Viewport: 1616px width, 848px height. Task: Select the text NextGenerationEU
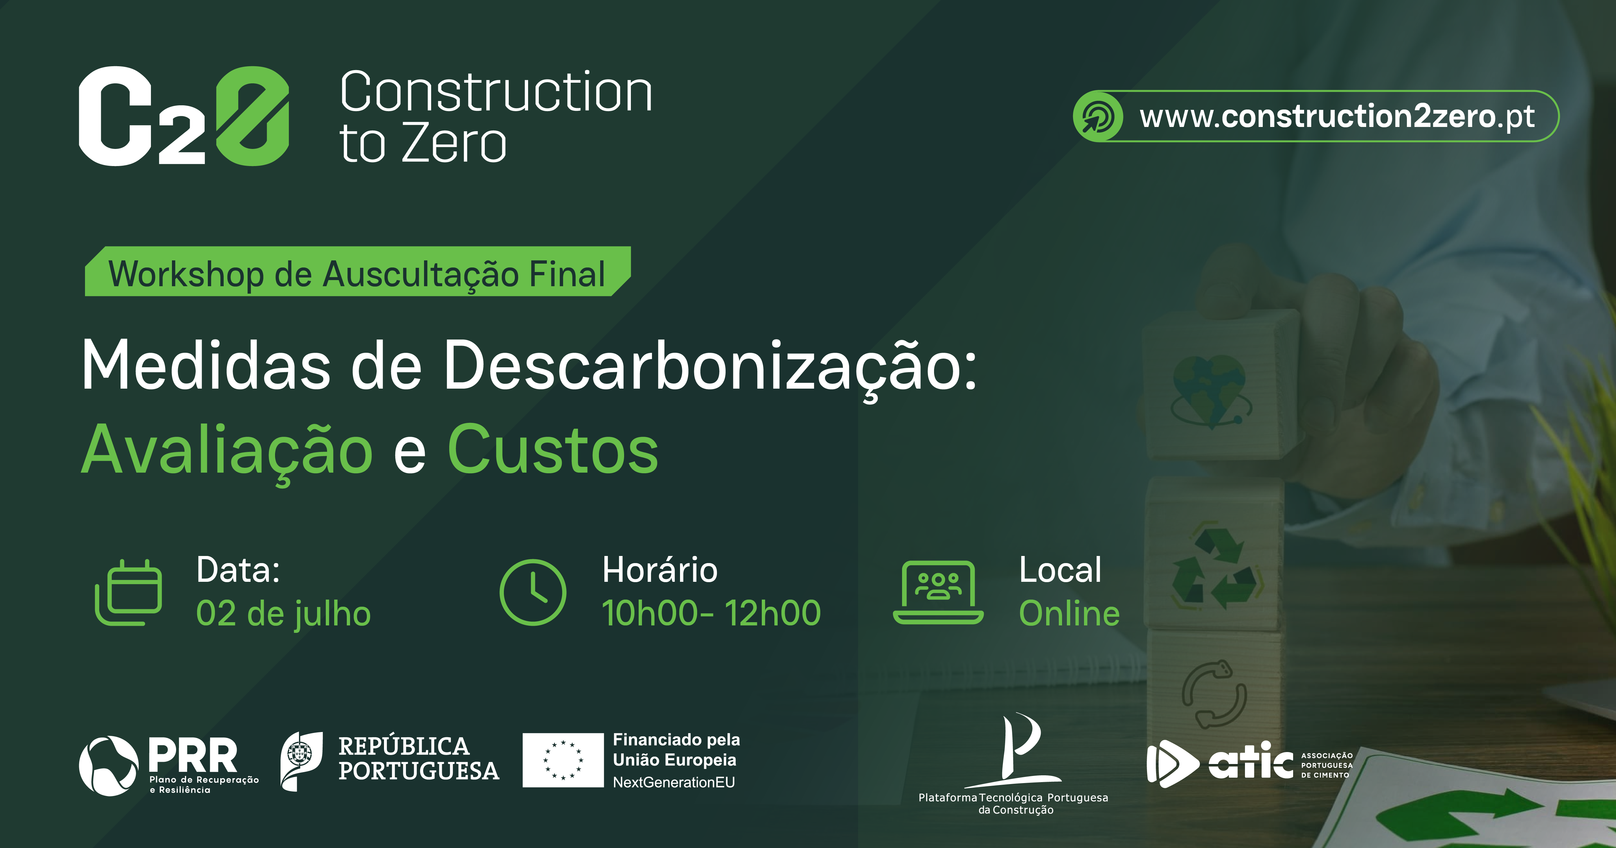674,782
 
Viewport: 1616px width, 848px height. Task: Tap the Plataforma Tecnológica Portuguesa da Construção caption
1013,803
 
